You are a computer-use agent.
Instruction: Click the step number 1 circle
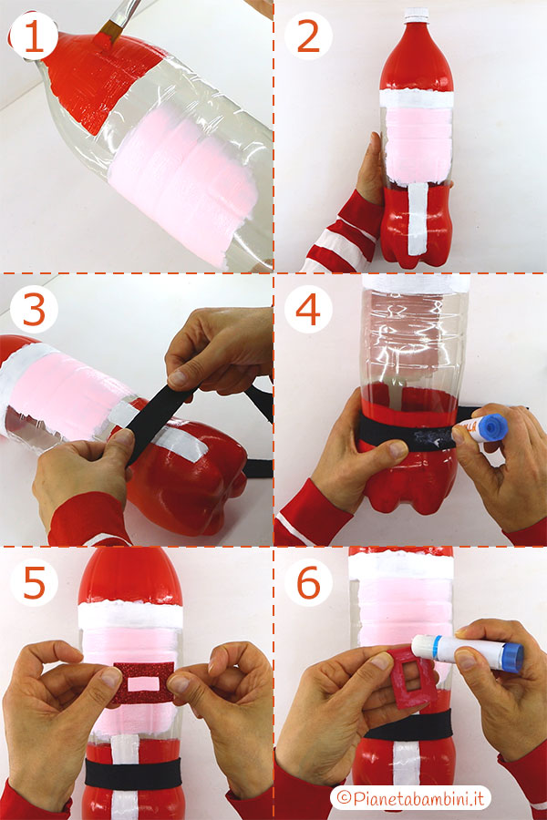tap(34, 36)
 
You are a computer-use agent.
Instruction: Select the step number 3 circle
tap(34, 312)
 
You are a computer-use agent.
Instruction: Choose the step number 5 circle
tap(34, 584)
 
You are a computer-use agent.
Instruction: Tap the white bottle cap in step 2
tap(416, 13)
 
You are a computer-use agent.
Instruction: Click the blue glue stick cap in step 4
tap(491, 426)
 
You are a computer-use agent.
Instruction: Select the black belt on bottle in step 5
tap(137, 772)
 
